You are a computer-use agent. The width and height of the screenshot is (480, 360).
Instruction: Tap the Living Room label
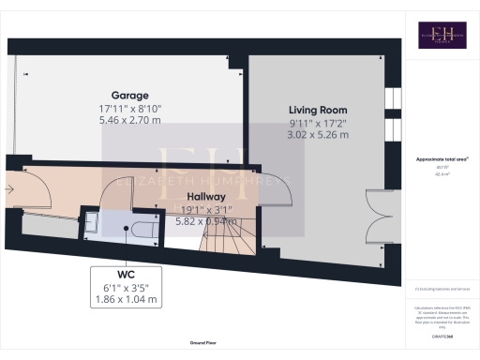[x=317, y=110]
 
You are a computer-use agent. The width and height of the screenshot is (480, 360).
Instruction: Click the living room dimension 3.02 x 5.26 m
[x=317, y=134]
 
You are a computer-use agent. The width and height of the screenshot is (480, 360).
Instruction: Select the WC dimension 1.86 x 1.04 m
[x=126, y=300]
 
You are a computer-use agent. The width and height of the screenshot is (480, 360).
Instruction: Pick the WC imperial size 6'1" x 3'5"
[x=126, y=287]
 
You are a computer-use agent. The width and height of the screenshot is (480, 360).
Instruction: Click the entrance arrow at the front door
[x=10, y=189]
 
